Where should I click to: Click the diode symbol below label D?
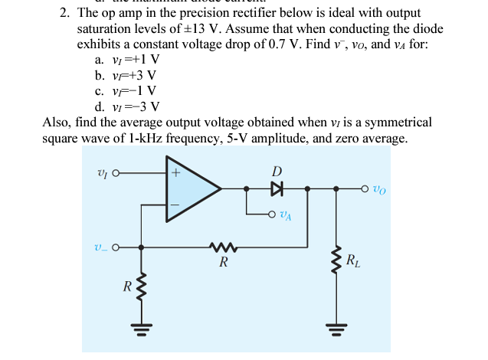coord(277,187)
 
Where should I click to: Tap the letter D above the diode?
coord(277,170)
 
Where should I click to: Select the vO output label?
coord(383,188)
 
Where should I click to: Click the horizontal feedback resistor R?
coord(223,247)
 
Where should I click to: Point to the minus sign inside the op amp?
coord(175,205)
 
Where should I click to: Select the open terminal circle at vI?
coord(116,172)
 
